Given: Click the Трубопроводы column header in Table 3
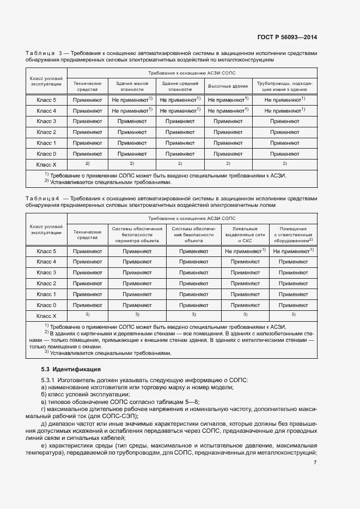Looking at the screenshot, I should [x=285, y=86].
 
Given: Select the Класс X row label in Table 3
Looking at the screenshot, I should [x=46, y=164].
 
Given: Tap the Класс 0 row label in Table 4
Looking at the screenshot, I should [x=46, y=305].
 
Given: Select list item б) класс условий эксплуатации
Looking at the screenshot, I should [x=85, y=394].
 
